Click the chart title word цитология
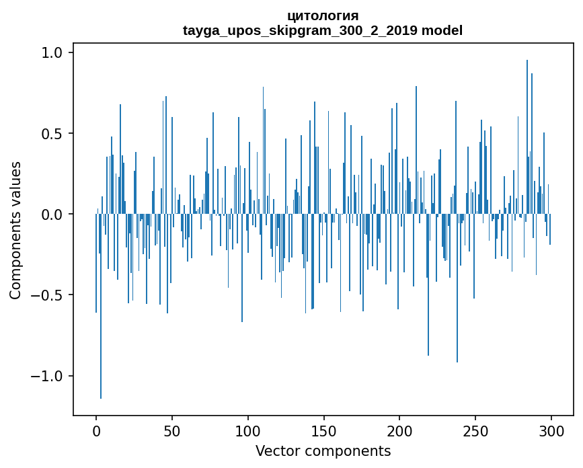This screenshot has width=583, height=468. [323, 15]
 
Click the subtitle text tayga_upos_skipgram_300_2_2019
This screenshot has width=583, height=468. [301, 30]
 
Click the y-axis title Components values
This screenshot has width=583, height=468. [15, 230]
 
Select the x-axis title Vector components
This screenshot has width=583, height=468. [323, 451]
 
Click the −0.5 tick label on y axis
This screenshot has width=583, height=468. [47, 295]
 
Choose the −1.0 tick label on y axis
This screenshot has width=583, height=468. [47, 376]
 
